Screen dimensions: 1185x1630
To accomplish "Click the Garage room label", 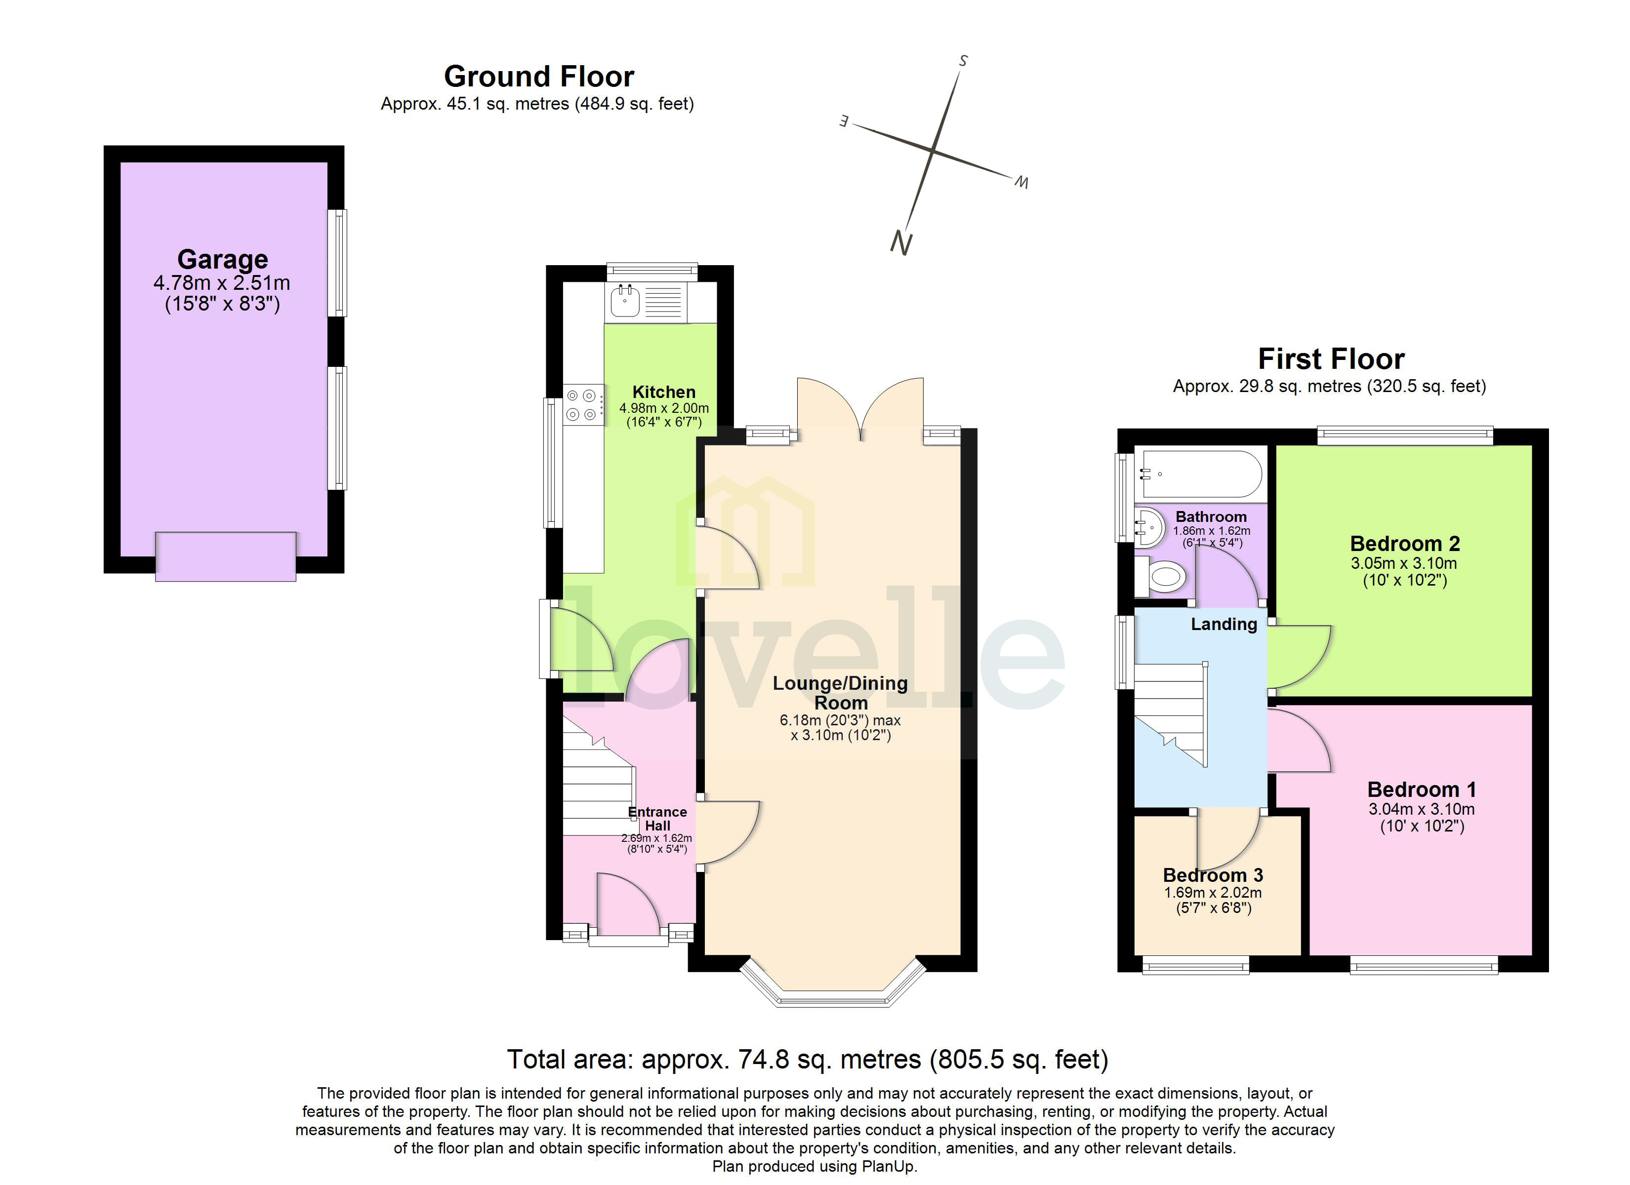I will (223, 259).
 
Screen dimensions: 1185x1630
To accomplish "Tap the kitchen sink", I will (624, 301).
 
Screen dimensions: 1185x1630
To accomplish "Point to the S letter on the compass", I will (963, 61).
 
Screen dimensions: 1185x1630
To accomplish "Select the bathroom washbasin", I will (1149, 528).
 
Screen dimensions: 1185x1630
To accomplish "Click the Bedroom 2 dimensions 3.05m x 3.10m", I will (1404, 563).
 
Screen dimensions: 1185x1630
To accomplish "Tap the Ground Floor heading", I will (538, 76).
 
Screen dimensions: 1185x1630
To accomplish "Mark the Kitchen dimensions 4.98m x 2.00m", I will (663, 408).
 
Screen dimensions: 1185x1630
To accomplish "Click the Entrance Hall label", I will (657, 819).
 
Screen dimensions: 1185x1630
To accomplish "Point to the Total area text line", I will (807, 1059).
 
